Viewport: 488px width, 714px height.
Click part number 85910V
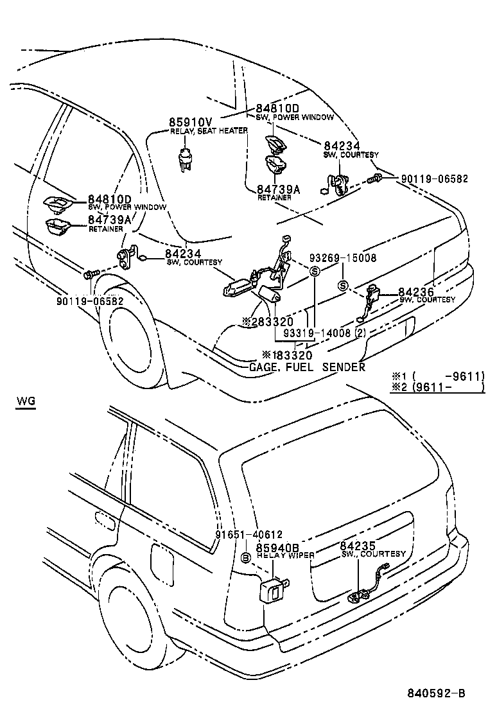pos(191,121)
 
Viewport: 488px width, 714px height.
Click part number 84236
pos(416,292)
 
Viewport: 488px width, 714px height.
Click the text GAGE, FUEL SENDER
pos(307,367)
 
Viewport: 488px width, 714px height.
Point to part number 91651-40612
pos(248,534)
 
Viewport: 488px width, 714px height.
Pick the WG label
pos(26,402)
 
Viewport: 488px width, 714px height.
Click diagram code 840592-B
pos(435,693)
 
